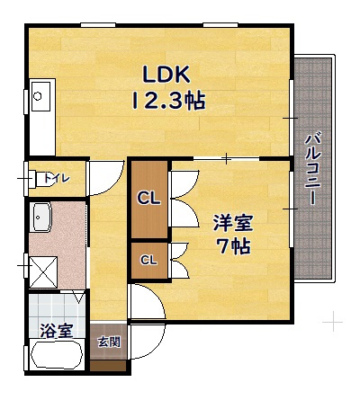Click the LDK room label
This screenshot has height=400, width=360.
point(166,75)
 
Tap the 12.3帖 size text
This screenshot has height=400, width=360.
point(168,101)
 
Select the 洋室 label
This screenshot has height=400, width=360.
point(233,223)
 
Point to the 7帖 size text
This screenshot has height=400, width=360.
point(234,246)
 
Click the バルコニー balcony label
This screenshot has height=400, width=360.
point(312,170)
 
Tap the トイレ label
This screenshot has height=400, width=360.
point(57,178)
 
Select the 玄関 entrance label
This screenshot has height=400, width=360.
point(109,342)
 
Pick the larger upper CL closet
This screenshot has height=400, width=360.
point(149,200)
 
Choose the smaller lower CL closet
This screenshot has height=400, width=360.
point(149,260)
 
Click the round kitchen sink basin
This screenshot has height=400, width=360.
point(38,96)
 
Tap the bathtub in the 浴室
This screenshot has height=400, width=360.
point(57,355)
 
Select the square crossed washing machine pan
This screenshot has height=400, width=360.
point(43,272)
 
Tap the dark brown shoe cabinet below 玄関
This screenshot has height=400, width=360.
point(108,366)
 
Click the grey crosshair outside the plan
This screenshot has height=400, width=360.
point(333,323)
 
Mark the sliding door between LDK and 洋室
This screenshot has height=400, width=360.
point(227,158)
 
